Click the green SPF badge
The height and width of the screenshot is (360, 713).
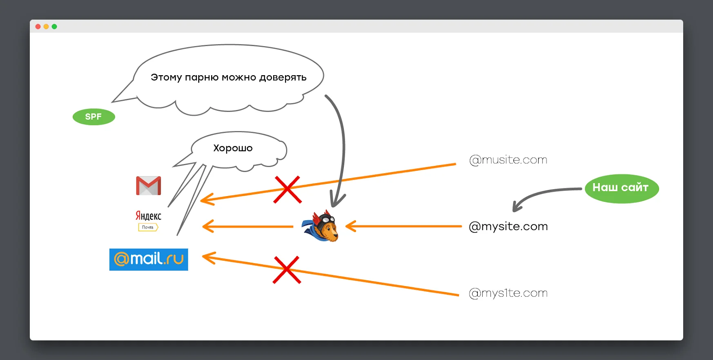point(94,117)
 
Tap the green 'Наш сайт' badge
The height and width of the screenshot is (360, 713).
point(621,188)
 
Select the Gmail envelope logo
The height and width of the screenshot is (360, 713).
point(148,186)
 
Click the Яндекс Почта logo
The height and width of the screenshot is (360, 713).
point(148,220)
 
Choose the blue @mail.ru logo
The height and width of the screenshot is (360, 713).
point(149,259)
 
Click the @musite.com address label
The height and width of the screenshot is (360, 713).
point(508,160)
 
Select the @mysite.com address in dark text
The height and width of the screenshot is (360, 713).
point(508,226)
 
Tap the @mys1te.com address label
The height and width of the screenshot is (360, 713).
point(508,293)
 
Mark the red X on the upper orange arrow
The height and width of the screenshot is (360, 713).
point(287,190)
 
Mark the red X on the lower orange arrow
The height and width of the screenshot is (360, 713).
point(287,270)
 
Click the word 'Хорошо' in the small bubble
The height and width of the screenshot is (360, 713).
point(233,148)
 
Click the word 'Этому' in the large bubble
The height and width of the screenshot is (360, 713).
point(166,78)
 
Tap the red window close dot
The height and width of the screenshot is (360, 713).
point(38,27)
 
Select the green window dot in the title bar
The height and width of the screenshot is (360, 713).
point(54,27)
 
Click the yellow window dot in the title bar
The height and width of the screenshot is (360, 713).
point(46,27)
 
